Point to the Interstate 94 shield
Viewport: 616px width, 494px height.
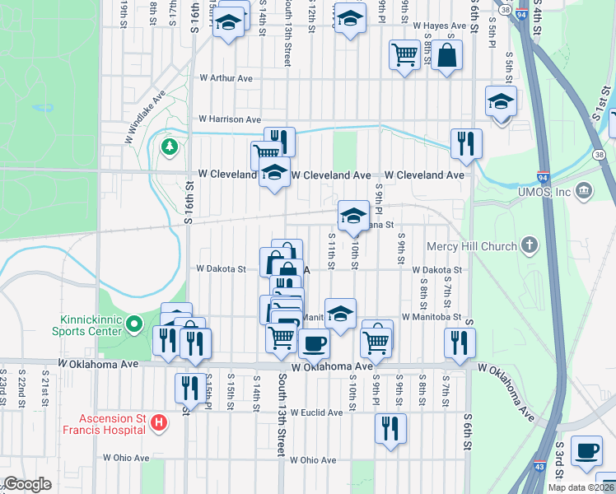coord(542,176)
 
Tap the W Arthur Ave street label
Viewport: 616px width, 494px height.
coord(226,78)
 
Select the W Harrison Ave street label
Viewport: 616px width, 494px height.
coord(229,119)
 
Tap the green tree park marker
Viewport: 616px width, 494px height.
coord(170,147)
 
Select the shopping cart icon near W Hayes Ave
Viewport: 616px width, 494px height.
coord(404,55)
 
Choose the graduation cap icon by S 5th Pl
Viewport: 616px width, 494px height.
coord(500,102)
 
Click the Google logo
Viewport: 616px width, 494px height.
coord(27,484)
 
